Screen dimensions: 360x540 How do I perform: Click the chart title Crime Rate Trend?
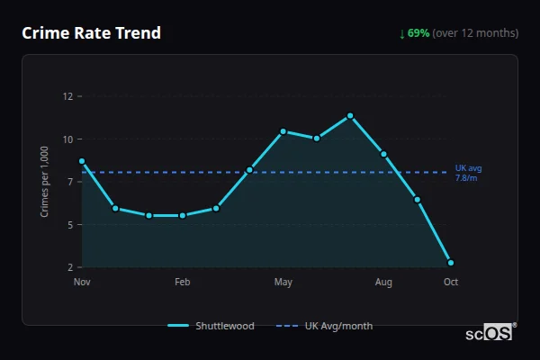coord(91,33)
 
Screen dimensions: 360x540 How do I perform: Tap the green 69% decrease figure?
coord(418,33)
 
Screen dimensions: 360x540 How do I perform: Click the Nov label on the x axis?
coord(82,283)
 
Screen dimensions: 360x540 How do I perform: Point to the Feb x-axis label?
coord(183,283)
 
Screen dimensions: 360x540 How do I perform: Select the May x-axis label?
coord(283,283)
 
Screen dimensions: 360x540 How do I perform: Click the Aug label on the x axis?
coord(383,283)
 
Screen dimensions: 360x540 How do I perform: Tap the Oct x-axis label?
coord(451,283)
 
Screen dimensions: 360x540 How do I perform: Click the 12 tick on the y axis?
coord(67,96)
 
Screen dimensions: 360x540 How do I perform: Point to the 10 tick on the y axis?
coord(67,139)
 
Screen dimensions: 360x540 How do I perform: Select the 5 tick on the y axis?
coord(69,224)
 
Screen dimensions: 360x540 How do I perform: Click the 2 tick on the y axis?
coord(69,267)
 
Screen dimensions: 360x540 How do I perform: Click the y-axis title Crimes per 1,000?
coord(44,181)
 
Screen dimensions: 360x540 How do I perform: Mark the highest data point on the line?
coord(350,116)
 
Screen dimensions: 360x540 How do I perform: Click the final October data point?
coord(451,263)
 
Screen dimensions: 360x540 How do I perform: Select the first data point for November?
coord(82,161)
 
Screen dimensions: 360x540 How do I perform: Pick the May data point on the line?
coord(283,131)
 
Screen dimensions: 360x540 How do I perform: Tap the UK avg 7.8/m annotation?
coord(468,173)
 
